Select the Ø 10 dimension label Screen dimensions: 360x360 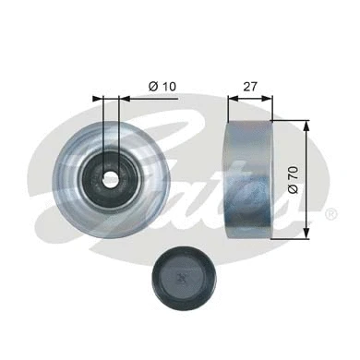163,88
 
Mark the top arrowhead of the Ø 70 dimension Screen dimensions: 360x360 305,124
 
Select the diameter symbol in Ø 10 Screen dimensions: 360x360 152,88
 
